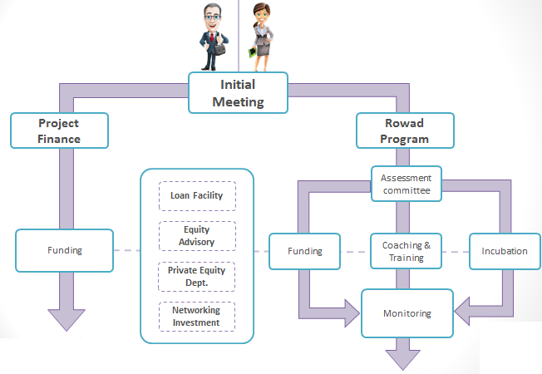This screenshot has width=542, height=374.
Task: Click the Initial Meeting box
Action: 238,93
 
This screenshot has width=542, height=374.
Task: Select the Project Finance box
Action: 59,131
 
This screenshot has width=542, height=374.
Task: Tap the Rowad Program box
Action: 405,131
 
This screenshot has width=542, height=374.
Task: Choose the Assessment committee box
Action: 406,185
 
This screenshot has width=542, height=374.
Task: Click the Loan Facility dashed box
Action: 197,196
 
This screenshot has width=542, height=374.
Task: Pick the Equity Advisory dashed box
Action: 197,236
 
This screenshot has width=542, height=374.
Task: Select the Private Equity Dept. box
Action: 197,276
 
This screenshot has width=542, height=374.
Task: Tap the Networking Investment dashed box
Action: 197,316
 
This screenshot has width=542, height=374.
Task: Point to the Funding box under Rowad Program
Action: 303,251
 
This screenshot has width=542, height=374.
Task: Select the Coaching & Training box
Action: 406,251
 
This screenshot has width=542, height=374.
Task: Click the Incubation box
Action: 505,251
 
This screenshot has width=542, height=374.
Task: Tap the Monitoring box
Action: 406,313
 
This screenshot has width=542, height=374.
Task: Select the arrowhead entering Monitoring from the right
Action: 465,314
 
